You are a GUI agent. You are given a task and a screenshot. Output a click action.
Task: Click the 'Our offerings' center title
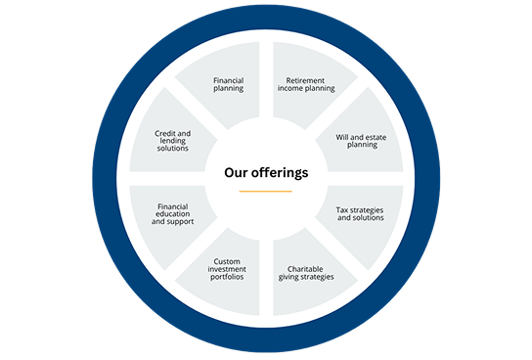click(x=266, y=172)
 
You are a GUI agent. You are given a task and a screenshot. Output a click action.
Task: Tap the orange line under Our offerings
click(x=266, y=192)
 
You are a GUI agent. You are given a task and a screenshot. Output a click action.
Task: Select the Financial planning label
click(x=228, y=83)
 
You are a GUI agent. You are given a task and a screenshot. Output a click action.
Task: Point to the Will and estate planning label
click(x=362, y=142)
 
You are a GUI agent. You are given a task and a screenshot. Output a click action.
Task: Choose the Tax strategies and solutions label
click(x=361, y=212)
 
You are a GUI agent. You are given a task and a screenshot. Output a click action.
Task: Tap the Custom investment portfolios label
click(x=228, y=269)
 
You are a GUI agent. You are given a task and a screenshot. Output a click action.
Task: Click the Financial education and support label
click(x=173, y=213)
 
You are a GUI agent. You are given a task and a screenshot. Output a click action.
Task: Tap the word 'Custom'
click(x=228, y=261)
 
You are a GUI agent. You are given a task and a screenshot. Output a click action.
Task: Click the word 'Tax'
click(x=345, y=208)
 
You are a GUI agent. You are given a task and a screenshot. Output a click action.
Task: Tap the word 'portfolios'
click(x=228, y=277)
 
